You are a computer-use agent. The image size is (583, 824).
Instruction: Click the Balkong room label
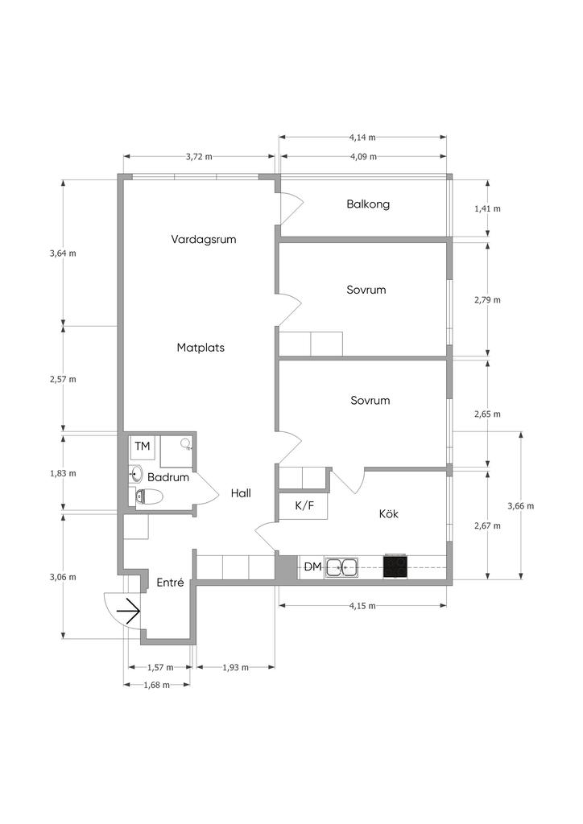coord(368,204)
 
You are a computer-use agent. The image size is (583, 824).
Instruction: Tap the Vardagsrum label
coord(204,240)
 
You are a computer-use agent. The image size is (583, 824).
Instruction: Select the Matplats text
coord(201,348)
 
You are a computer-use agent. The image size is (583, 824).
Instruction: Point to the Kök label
coord(388,513)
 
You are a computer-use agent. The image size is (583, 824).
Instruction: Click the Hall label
coord(241,493)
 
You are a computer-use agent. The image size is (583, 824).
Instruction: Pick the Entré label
coord(171,583)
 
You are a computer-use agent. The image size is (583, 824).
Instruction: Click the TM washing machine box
coord(143,446)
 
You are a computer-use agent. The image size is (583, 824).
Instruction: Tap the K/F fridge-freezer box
coord(304,505)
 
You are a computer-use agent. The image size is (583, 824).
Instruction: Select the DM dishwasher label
coord(312,567)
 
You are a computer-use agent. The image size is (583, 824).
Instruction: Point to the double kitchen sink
coord(341,567)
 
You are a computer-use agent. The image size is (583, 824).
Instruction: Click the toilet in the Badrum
coord(149,496)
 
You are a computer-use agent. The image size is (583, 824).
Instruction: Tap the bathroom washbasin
coord(136,474)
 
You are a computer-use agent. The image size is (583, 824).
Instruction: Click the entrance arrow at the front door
coord(128,612)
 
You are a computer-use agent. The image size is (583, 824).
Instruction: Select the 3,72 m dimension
coord(199,157)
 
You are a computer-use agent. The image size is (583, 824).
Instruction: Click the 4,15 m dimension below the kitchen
coord(362,606)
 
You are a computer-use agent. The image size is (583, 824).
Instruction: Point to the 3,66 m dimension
coord(520,506)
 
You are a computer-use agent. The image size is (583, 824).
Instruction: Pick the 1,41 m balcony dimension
coord(487,208)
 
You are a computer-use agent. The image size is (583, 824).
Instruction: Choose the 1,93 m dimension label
coord(235,668)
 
